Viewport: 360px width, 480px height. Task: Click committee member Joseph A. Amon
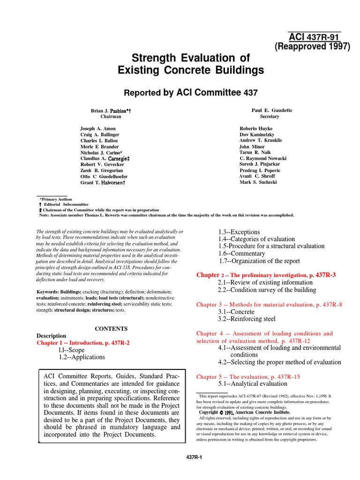tap(98, 128)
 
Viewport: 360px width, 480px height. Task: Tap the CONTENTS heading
tap(111, 329)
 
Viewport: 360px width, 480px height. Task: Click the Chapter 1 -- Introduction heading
tap(83, 343)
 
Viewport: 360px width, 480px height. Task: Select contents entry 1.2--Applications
tap(82, 357)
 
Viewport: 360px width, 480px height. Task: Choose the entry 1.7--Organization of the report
tap(259, 261)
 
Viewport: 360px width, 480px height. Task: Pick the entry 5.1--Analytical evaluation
tap(252, 384)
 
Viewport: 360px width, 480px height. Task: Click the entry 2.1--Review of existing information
tap(266, 282)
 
